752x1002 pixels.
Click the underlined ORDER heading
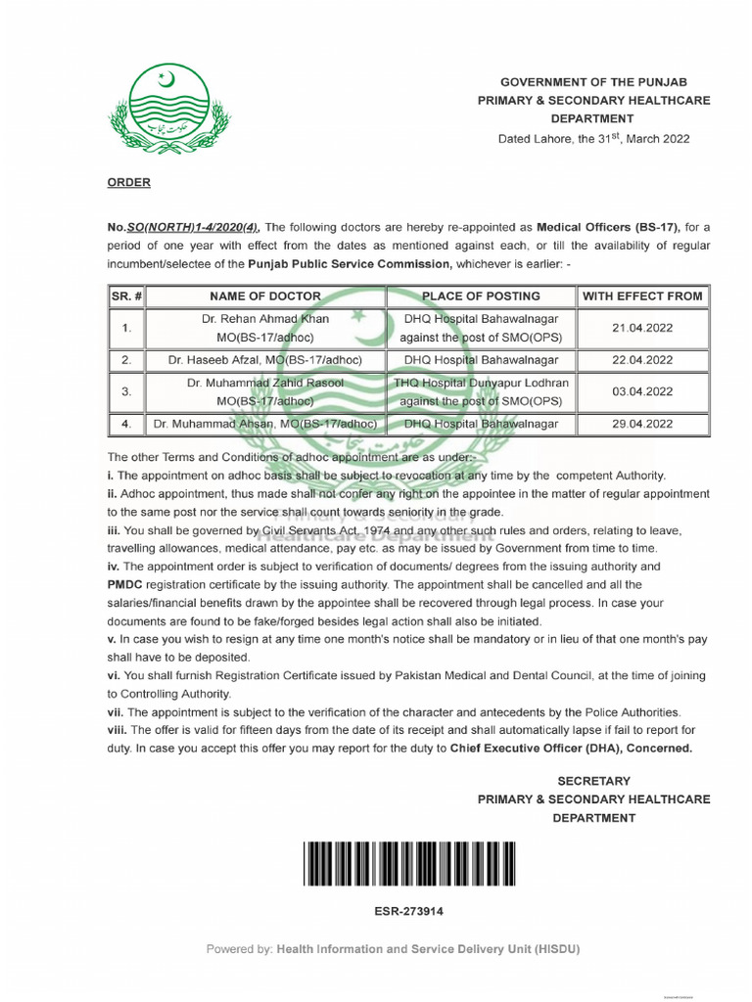(128, 182)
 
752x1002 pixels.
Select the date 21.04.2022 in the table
(642, 328)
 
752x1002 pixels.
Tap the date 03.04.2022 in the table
(642, 391)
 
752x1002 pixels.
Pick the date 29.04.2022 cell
(642, 424)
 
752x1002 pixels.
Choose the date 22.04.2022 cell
(642, 360)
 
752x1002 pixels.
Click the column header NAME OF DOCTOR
(265, 296)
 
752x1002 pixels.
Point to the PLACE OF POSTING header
(481, 296)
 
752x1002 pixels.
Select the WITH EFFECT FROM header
(642, 296)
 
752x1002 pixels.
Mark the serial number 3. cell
(126, 391)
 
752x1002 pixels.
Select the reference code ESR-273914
(409, 911)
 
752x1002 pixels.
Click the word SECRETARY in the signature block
(593, 781)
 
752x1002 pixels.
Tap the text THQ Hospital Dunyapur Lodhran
(481, 383)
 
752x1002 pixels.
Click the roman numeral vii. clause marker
(116, 711)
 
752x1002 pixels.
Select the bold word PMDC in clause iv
(126, 584)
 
